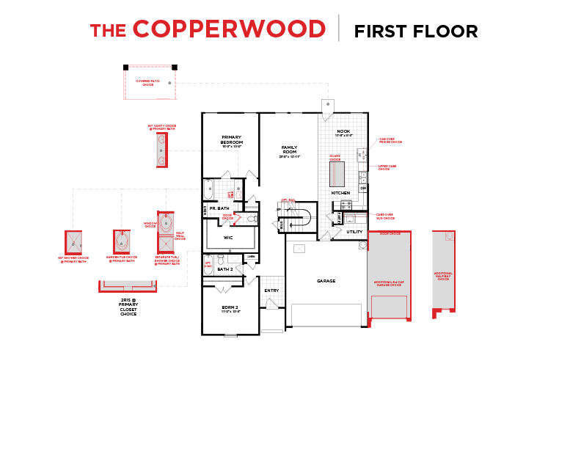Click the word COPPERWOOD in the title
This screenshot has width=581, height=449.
[x=229, y=29]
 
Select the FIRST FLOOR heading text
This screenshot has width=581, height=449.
[x=415, y=31]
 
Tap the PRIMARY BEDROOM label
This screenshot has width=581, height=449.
[x=231, y=140]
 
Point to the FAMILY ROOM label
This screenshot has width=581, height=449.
[x=288, y=150]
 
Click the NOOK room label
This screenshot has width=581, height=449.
[x=343, y=132]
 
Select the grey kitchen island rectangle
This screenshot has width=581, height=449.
[x=337, y=174]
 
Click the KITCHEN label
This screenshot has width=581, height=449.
[x=340, y=193]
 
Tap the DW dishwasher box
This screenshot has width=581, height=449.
[x=362, y=189]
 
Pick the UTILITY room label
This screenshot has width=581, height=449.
[x=354, y=232]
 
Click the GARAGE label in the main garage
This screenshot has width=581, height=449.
[x=326, y=281]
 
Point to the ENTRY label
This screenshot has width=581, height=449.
[x=271, y=291]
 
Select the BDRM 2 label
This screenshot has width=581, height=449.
[x=230, y=309]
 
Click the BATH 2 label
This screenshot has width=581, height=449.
[x=226, y=269]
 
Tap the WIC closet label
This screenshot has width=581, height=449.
[x=228, y=238]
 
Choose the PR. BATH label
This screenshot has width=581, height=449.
[x=219, y=208]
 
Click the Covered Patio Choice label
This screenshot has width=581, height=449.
[x=150, y=84]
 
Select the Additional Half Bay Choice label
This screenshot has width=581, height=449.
[x=443, y=276]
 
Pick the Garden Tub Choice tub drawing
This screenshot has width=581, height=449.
[x=122, y=240]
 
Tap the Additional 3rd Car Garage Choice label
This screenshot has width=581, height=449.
[x=389, y=283]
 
